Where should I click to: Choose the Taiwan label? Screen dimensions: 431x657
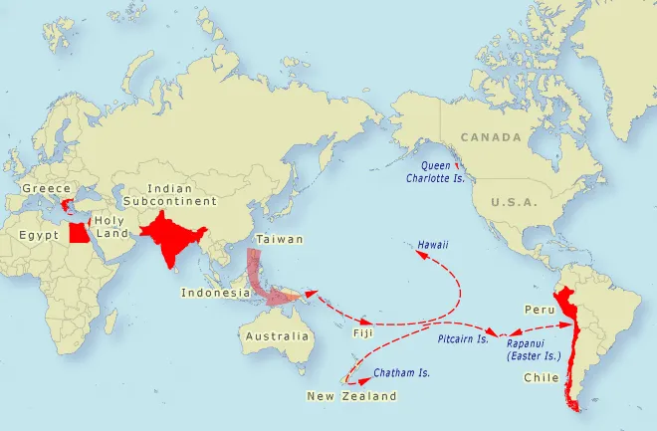[x=273, y=240]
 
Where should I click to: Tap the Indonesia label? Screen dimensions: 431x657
[x=215, y=293]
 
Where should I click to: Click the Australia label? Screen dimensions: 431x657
[x=277, y=336]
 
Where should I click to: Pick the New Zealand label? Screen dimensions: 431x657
[x=350, y=396]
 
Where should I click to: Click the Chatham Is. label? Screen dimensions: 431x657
[x=401, y=374]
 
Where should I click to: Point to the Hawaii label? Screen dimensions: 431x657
[x=434, y=244]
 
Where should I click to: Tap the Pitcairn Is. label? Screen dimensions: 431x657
[x=464, y=339]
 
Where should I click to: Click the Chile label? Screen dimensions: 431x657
[x=540, y=378]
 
